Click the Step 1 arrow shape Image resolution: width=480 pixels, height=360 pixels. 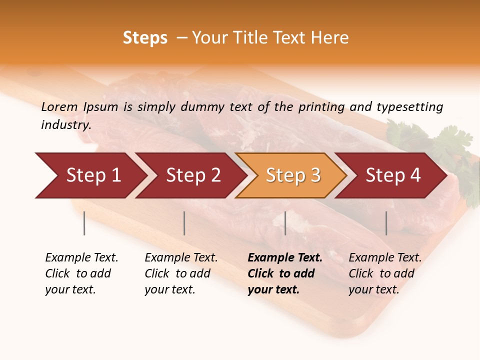90,175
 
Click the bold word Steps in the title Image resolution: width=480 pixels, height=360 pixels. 145,38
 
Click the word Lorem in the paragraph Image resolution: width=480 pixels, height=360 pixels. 59,106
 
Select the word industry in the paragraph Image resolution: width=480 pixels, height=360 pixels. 65,124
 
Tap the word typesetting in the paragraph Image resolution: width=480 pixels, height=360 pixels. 409,106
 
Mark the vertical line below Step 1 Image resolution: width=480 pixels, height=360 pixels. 84,223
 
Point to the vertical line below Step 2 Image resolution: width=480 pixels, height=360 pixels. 184,223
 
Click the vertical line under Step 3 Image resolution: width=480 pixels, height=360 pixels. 285,223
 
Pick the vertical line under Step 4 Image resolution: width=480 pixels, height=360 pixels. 386,223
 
